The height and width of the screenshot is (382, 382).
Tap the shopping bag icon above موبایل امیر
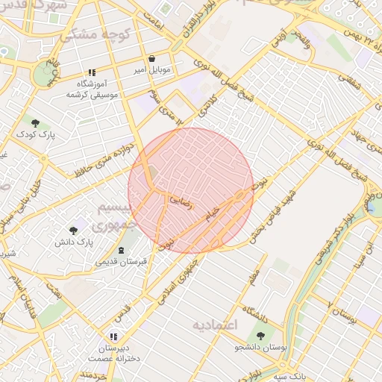tap(152, 58)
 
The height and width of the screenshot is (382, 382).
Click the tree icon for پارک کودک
tap(36, 122)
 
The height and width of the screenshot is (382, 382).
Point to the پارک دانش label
tap(75, 242)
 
